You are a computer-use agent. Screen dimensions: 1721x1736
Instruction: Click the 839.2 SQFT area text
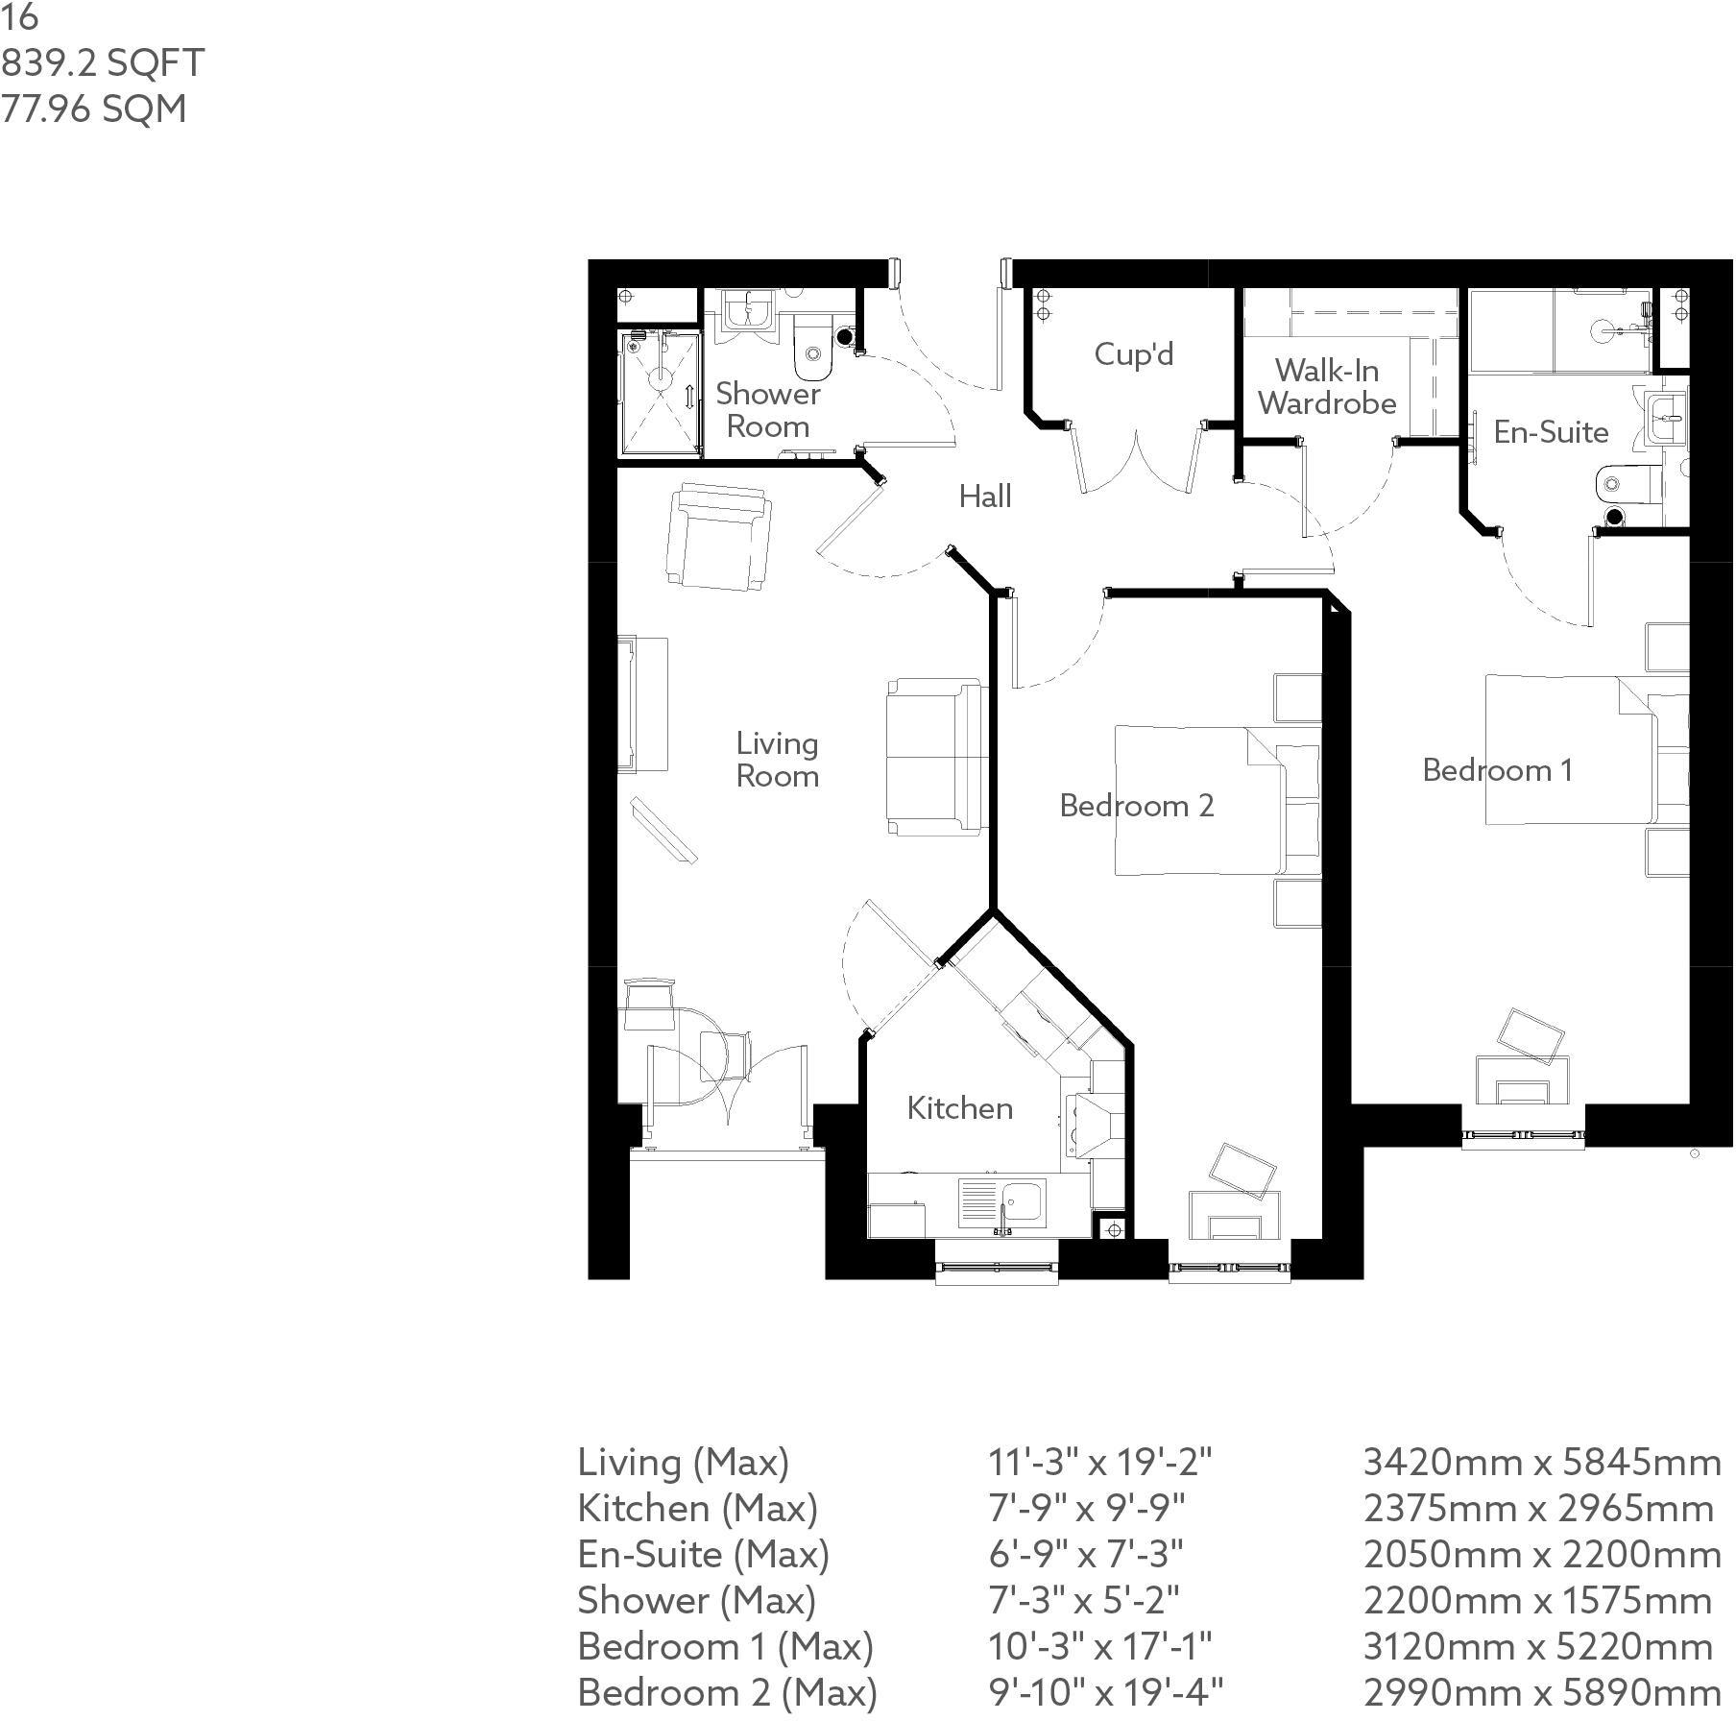coord(102,63)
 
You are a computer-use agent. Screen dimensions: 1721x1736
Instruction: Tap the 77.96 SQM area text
coord(93,109)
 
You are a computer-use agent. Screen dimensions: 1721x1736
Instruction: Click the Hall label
coord(985,497)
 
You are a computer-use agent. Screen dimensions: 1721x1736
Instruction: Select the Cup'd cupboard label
coord(1133,354)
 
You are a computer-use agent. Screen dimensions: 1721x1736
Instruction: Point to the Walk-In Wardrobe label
coord(1327,386)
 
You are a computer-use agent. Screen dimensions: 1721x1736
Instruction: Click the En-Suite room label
coord(1551,432)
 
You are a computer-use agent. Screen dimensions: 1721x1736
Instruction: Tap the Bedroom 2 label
coord(1137,805)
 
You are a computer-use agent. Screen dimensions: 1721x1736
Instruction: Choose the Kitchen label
coord(959,1108)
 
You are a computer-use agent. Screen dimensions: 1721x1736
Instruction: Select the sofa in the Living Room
coord(936,757)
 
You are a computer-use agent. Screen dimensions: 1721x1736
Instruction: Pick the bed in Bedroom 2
coord(1200,800)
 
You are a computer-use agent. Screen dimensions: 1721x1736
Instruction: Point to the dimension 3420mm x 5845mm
coord(1541,1463)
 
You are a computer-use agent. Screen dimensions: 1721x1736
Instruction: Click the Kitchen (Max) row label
coord(697,1509)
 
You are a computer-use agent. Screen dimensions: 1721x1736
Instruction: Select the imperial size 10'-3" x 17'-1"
coord(1099,1646)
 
